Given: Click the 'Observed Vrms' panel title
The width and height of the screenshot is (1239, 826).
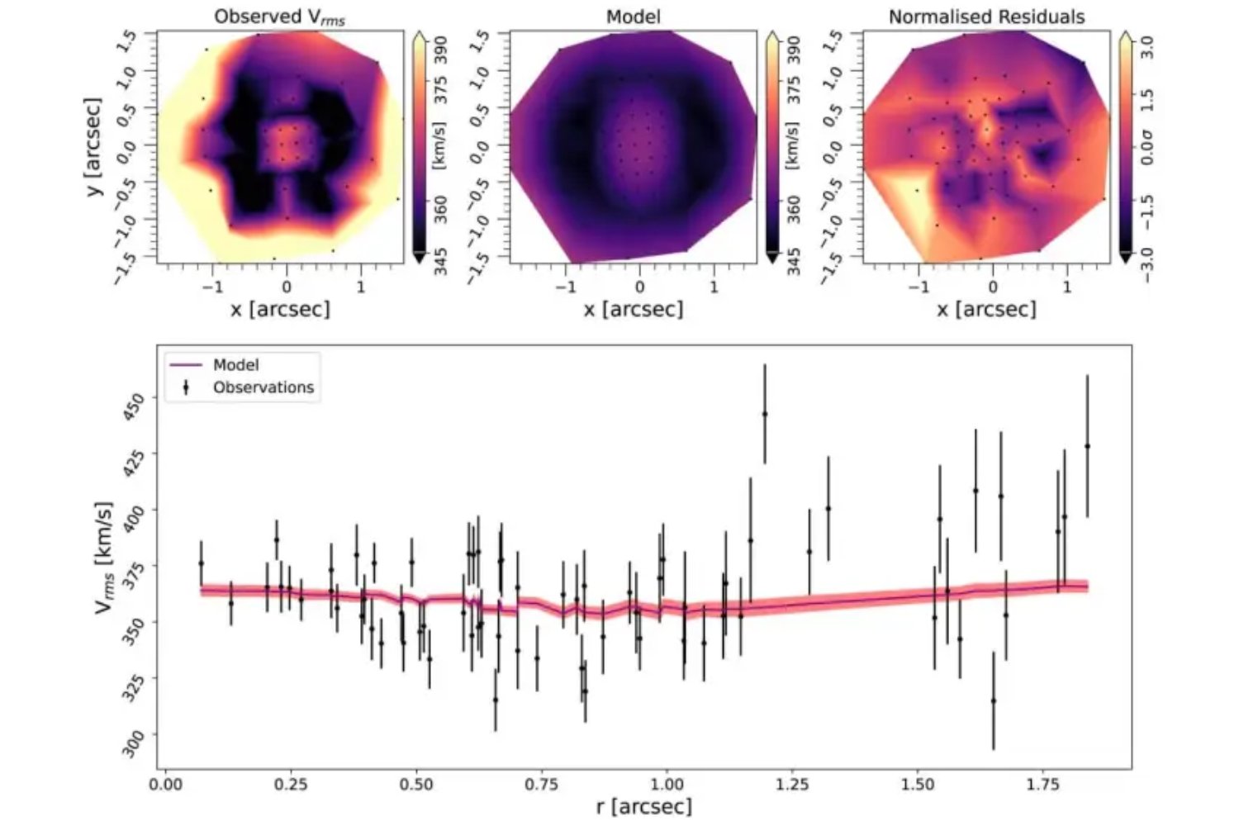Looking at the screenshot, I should pos(279,17).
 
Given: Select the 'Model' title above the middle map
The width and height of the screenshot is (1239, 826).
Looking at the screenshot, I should pos(634,17).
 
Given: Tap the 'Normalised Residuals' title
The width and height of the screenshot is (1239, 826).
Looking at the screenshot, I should pos(986,17).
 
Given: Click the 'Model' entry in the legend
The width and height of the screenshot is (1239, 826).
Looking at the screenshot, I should pos(235,365).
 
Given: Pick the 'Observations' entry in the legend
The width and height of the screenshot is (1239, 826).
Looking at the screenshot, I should pos(263,387).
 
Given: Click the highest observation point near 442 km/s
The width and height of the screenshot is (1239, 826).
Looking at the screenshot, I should pos(765,414).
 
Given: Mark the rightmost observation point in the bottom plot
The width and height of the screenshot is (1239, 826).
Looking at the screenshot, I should pos(1087,446).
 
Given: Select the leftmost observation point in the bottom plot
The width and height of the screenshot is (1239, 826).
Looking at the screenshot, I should pos(201,563).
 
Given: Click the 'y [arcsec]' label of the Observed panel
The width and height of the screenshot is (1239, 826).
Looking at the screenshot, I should pos(93,147).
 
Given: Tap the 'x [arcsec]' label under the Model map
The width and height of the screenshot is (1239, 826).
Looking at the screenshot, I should pos(634,309).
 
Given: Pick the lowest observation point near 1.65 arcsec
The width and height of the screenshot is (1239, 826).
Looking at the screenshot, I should pos(993,700).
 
